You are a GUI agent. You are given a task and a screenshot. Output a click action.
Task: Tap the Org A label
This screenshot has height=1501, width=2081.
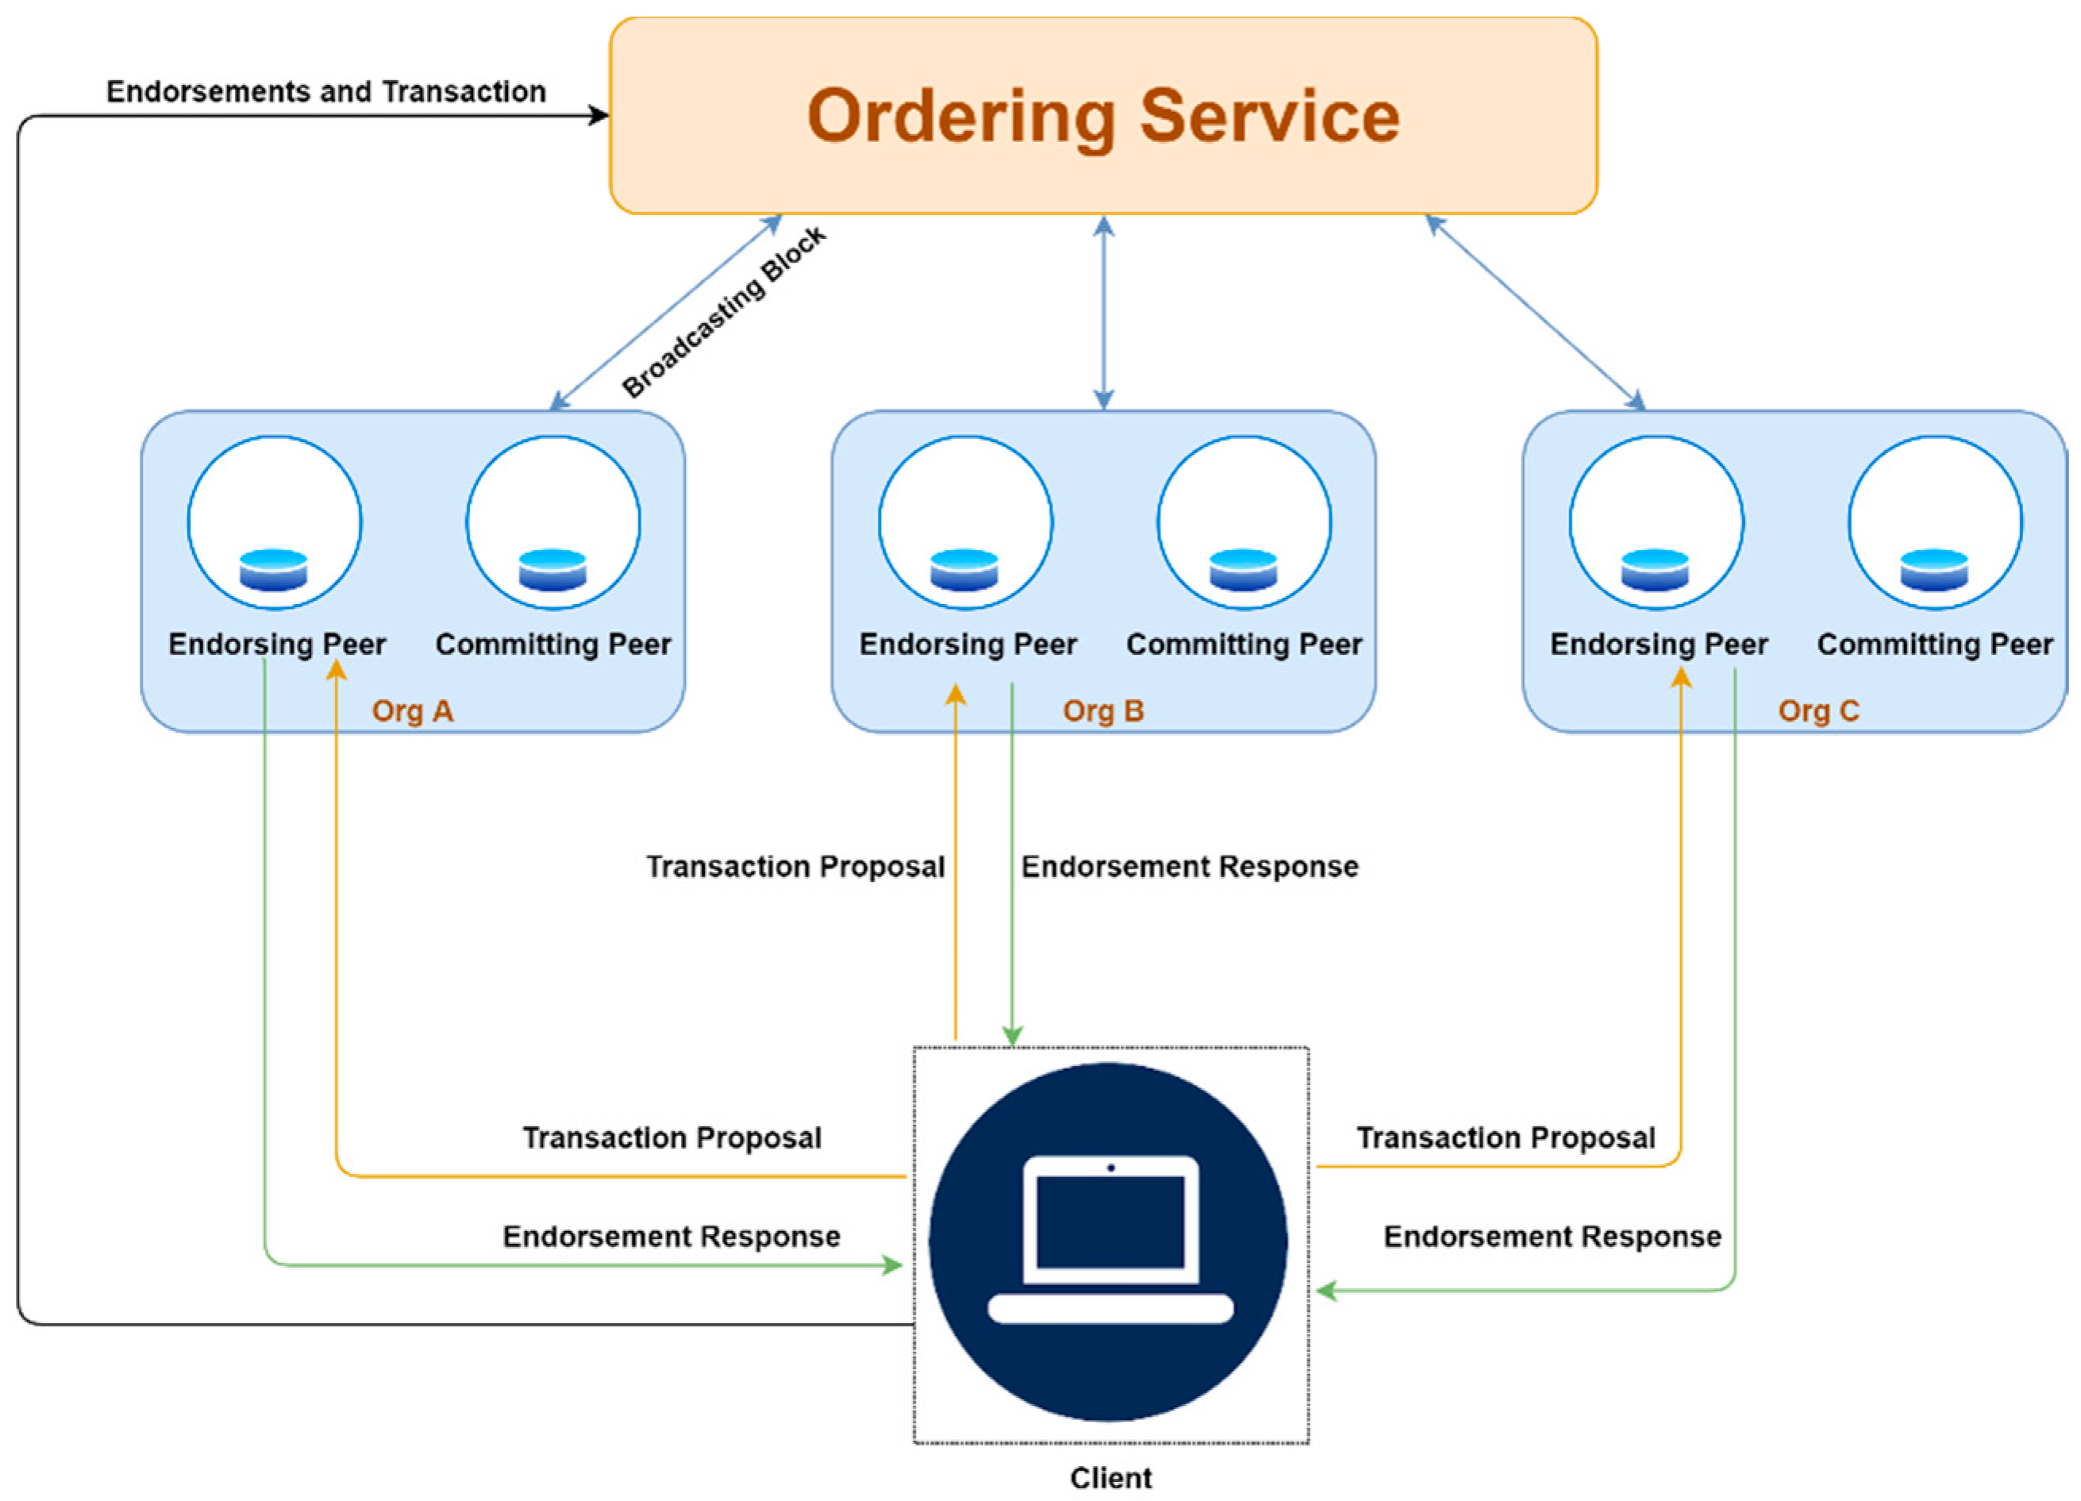pyautogui.click(x=412, y=711)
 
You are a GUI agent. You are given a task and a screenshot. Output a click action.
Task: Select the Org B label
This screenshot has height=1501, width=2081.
pyautogui.click(x=1103, y=711)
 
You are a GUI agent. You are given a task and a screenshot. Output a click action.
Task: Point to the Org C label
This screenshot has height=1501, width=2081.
pyautogui.click(x=1818, y=711)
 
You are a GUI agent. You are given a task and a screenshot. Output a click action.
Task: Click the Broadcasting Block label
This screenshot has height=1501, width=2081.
pyautogui.click(x=724, y=313)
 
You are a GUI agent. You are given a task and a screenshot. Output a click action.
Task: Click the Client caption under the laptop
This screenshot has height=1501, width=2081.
pyautogui.click(x=1110, y=1478)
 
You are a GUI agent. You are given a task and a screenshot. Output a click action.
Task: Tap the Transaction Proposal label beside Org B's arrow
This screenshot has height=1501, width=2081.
pyautogui.click(x=795, y=867)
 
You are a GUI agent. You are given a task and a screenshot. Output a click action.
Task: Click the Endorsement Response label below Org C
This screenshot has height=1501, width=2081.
pyautogui.click(x=1552, y=1237)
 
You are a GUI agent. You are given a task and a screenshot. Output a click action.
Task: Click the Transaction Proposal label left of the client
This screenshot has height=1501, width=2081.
pyautogui.click(x=671, y=1138)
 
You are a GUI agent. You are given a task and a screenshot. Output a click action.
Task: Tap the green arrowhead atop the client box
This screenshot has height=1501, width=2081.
pyautogui.click(x=1012, y=1037)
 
